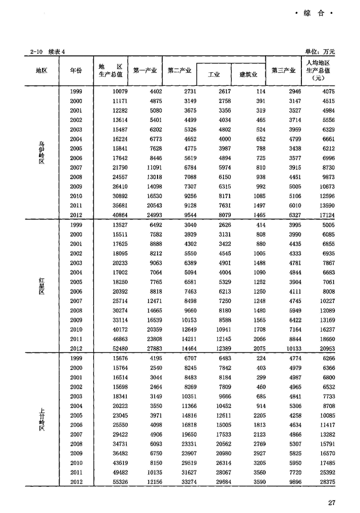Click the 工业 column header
click(x=214, y=74)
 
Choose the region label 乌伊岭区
click(x=42, y=153)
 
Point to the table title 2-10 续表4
click(x=47, y=51)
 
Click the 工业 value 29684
click(x=221, y=482)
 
